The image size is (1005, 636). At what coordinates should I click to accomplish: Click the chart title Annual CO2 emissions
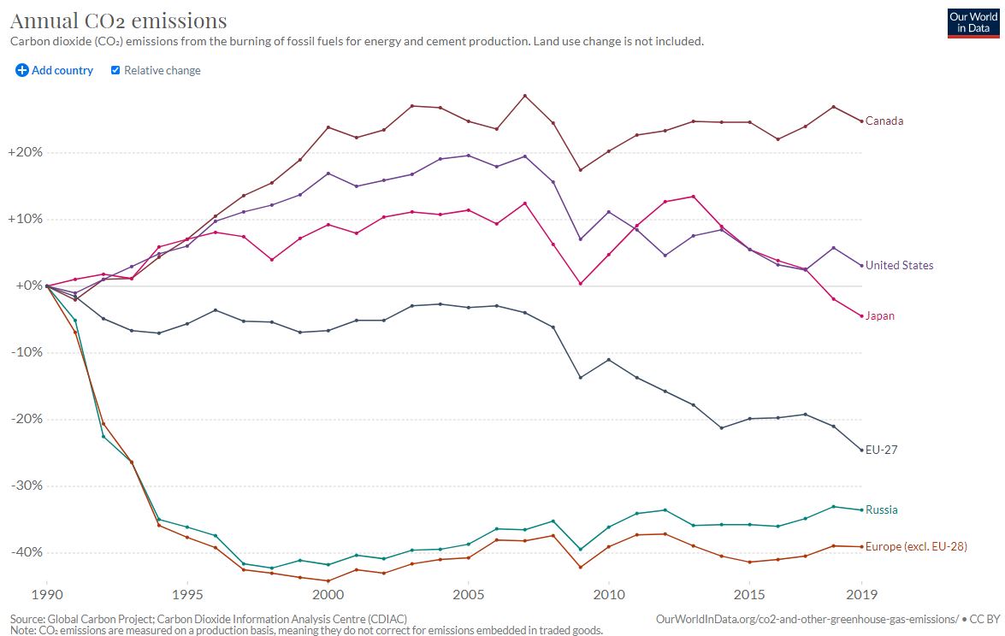119,21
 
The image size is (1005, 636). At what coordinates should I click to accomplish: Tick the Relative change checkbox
115,70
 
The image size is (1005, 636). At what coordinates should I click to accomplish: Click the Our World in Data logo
972,22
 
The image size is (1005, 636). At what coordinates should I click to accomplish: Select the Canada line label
884,121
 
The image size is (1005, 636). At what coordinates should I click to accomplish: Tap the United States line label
899,265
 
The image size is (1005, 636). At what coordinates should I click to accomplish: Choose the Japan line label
879,315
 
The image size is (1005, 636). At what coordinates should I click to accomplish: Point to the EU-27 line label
881,450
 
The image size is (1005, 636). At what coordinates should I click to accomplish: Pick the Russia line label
881,509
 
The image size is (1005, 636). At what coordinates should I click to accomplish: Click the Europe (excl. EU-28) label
915,546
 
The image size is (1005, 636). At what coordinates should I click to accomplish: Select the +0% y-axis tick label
27,286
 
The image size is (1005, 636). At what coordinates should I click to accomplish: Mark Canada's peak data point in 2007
524,96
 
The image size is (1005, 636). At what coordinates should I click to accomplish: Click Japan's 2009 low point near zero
581,284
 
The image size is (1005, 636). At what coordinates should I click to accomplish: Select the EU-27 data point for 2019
861,450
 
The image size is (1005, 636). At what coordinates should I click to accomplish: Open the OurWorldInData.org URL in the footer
807,618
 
